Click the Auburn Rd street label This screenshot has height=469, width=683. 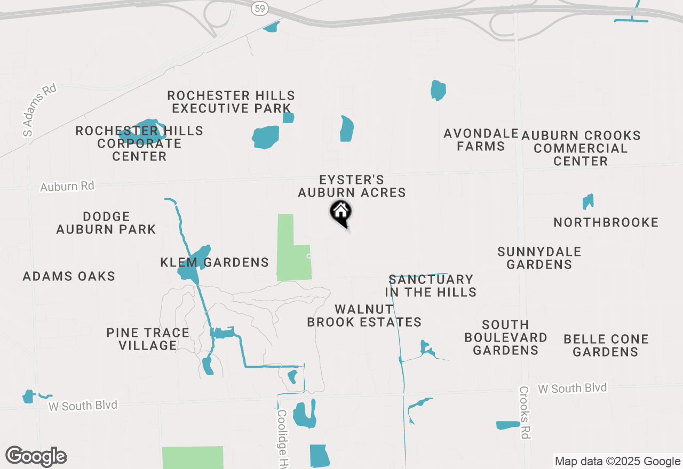click(x=67, y=187)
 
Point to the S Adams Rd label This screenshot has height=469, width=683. click(x=40, y=110)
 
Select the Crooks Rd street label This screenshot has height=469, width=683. click(x=525, y=412)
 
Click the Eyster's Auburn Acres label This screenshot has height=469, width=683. click(x=352, y=186)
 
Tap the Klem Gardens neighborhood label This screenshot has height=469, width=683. click(x=215, y=262)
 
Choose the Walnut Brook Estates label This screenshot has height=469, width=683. click(x=364, y=316)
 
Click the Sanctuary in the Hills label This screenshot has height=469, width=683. click(x=431, y=286)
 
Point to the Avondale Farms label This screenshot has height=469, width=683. click(x=481, y=140)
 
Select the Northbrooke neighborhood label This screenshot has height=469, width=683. click(x=606, y=222)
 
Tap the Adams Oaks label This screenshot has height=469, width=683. click(x=69, y=276)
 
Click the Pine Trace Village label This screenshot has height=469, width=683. click(x=148, y=339)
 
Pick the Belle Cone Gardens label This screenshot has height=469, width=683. click(x=606, y=345)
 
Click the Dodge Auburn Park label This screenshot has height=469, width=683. click(x=106, y=223)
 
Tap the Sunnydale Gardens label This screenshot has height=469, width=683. click(x=539, y=258)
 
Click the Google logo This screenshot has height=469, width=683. click(x=36, y=456)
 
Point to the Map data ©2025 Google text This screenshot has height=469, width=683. click(x=617, y=462)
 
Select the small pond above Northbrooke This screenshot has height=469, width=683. click(x=588, y=201)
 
